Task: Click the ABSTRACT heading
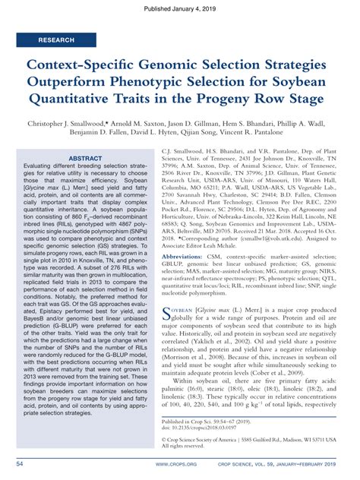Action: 90,158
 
